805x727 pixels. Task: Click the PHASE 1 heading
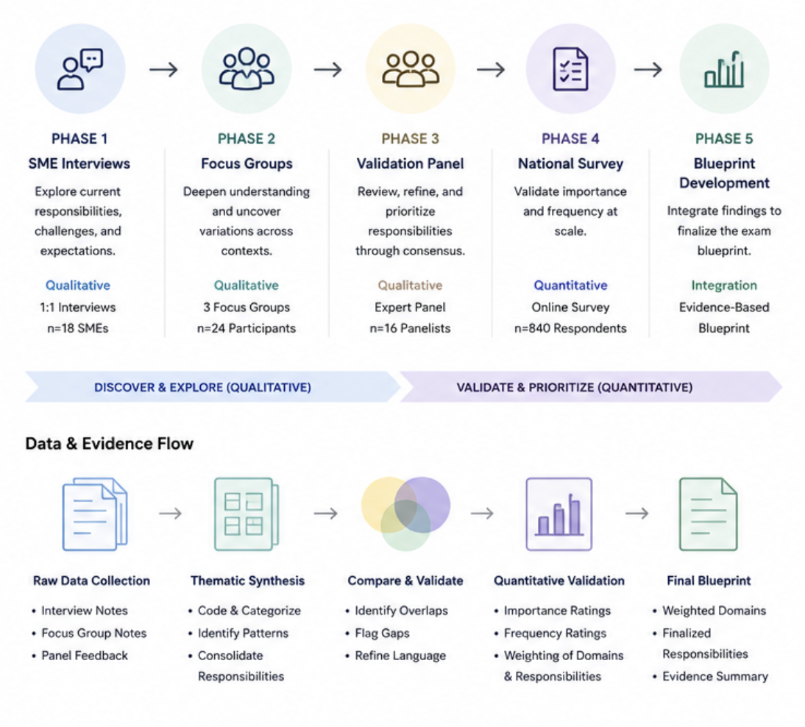(x=79, y=138)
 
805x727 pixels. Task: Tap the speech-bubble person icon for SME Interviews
(x=80, y=68)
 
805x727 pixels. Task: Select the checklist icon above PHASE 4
(x=570, y=68)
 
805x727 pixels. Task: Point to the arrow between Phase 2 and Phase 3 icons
(x=328, y=69)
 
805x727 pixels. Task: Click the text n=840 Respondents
(x=570, y=328)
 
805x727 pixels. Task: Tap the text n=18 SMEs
(x=78, y=328)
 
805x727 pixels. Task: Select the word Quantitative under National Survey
(x=570, y=285)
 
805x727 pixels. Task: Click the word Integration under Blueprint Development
(x=724, y=285)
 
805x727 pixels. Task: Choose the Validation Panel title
(x=410, y=163)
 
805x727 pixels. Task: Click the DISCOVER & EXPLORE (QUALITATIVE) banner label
(x=202, y=387)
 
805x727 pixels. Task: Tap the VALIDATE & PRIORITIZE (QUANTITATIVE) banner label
(x=575, y=387)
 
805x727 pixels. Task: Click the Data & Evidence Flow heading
(x=110, y=444)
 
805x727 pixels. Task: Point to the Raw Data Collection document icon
(x=95, y=514)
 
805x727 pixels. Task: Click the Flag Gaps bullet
(x=377, y=633)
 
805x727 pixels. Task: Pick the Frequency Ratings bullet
(x=550, y=633)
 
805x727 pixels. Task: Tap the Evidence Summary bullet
(x=711, y=676)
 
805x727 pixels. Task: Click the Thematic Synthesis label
(x=247, y=581)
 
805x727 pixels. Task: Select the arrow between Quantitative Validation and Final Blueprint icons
(x=637, y=514)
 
